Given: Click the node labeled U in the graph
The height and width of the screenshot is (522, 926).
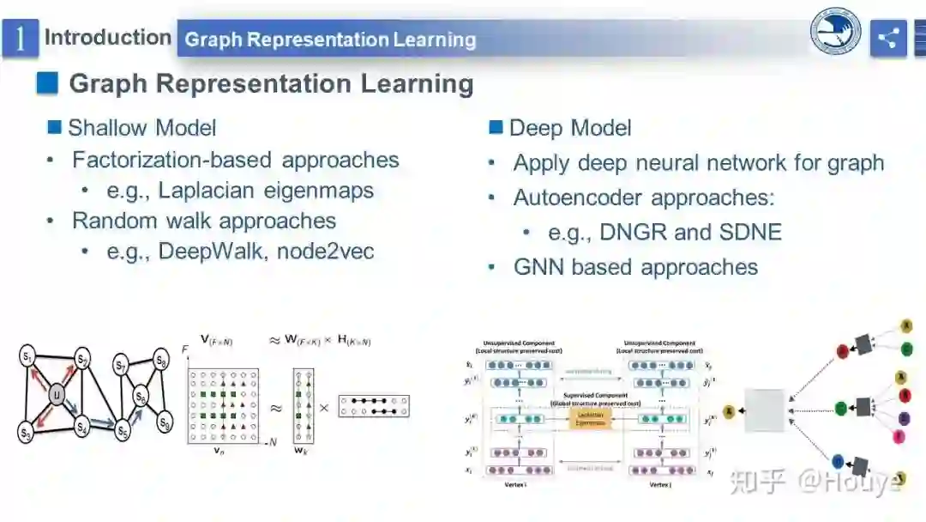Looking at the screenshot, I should tap(57, 395).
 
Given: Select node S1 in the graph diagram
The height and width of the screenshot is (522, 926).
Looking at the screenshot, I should tap(27, 355).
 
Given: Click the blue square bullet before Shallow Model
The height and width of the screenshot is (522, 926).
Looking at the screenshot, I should tap(55, 128).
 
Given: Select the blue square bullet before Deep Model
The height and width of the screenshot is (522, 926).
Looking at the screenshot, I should tap(496, 128).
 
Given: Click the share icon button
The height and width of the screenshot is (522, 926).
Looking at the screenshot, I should tap(888, 39).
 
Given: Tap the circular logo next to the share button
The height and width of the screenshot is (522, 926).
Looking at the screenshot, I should tap(836, 34).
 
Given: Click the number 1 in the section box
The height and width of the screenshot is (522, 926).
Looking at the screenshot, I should tap(20, 39).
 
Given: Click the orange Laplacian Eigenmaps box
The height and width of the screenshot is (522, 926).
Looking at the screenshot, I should tap(591, 418).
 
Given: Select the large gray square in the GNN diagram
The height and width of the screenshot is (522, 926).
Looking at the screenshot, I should tap(765, 410).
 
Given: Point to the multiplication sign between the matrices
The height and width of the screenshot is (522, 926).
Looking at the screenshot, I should tap(324, 408).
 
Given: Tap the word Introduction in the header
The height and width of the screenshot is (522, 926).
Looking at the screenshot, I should tap(107, 38).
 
